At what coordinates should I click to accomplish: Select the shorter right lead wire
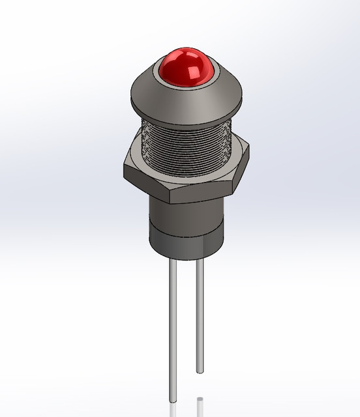click(199, 313)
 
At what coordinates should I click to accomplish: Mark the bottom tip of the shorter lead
click(199, 371)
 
